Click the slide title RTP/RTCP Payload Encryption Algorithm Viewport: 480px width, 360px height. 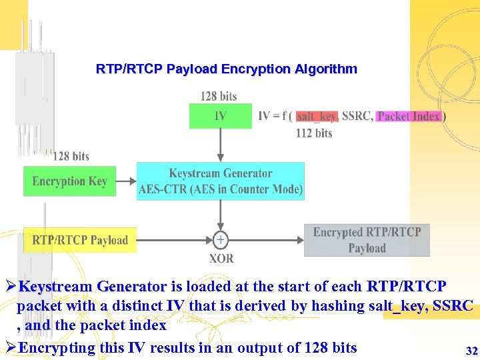(227, 69)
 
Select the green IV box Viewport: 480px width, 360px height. (220, 116)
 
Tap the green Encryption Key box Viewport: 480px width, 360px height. (69, 181)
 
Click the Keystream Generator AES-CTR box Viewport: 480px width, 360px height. (221, 181)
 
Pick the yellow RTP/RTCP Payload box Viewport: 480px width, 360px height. (80, 240)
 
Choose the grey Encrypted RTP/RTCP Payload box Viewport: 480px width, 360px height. (367, 240)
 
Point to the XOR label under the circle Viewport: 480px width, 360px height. (221, 258)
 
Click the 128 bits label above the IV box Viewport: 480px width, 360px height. (219, 97)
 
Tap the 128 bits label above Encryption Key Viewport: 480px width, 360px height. (71, 156)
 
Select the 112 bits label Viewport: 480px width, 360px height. (313, 133)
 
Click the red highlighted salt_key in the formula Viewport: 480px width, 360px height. (317, 116)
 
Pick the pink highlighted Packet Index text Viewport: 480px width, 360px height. (409, 116)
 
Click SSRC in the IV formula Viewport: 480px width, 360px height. (357, 116)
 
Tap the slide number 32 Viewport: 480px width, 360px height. (471, 351)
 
